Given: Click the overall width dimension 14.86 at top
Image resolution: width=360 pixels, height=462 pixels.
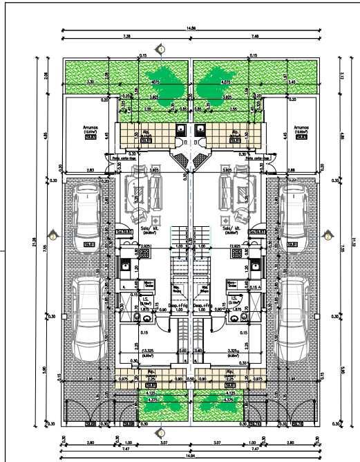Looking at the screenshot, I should [x=191, y=28].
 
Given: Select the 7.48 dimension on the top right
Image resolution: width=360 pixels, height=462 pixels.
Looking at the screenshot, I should [x=256, y=35].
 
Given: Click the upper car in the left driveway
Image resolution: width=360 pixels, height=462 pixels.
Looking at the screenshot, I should [x=88, y=213].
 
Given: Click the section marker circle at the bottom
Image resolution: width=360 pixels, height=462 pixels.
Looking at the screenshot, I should [x=161, y=433].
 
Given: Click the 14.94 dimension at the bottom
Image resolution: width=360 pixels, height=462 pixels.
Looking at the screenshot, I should [x=191, y=456].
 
